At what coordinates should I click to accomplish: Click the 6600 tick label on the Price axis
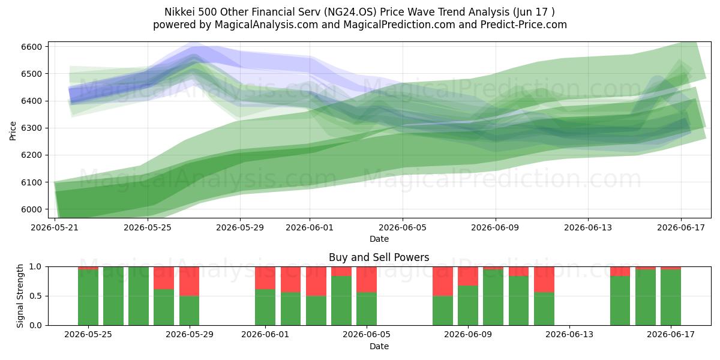(31, 47)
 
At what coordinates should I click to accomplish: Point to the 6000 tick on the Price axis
(31, 209)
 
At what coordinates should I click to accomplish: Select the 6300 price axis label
(31, 128)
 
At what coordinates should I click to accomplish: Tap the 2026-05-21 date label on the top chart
(55, 227)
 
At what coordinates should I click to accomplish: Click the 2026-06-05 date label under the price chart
(403, 227)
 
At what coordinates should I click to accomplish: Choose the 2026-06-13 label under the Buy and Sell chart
(569, 334)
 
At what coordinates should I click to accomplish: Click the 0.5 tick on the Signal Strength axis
(35, 296)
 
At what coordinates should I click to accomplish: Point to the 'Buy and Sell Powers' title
(379, 257)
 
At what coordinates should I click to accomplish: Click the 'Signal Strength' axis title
(20, 296)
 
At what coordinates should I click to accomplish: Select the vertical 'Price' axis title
(13, 131)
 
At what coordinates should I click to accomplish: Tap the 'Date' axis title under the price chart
(379, 239)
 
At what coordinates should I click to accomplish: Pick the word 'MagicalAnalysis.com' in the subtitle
(266, 25)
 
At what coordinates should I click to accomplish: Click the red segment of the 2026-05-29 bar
(189, 281)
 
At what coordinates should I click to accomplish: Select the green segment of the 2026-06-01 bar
(265, 307)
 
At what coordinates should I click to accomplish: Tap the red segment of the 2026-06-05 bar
(367, 280)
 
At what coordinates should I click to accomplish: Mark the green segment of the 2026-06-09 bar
(467, 305)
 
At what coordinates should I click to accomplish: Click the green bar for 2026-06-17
(671, 298)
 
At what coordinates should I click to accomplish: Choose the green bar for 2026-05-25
(88, 298)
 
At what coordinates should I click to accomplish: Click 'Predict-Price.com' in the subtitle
(524, 25)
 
